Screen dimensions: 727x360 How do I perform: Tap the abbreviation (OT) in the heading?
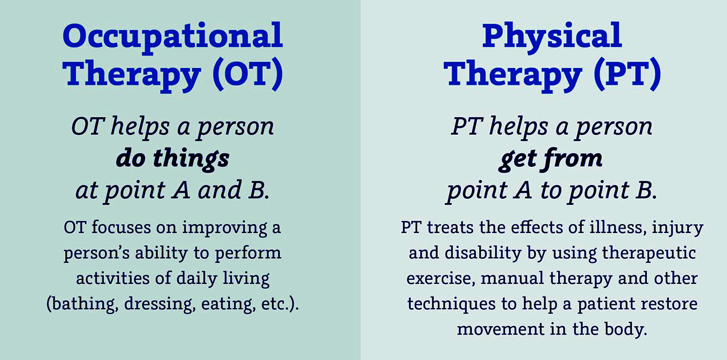(x=248, y=74)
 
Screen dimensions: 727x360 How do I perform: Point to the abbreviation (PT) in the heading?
(x=627, y=74)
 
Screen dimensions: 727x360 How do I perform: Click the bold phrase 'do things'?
(x=173, y=159)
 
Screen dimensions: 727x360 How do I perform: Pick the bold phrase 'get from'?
(x=550, y=159)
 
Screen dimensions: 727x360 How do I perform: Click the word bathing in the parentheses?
(x=81, y=304)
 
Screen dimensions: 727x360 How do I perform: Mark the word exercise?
(x=441, y=279)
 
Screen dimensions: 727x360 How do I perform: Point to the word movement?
(x=501, y=330)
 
